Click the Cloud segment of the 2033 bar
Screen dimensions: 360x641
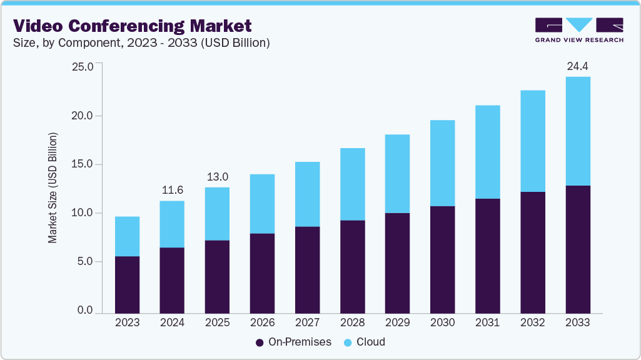[x=578, y=131]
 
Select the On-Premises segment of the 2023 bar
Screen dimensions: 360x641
[x=127, y=284]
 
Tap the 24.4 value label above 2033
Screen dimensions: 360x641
[x=578, y=65]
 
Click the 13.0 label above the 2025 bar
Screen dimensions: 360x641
[x=217, y=176]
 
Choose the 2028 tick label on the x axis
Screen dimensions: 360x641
[x=352, y=323]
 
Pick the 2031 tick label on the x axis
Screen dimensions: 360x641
[x=487, y=323]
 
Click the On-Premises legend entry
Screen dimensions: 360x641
[x=291, y=342]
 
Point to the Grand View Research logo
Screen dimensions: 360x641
[x=579, y=29]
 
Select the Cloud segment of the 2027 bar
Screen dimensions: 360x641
[x=307, y=194]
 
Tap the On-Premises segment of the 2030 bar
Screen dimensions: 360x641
[x=442, y=259]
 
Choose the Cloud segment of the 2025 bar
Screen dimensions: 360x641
[x=217, y=214]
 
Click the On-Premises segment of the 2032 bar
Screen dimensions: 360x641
[x=532, y=252]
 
